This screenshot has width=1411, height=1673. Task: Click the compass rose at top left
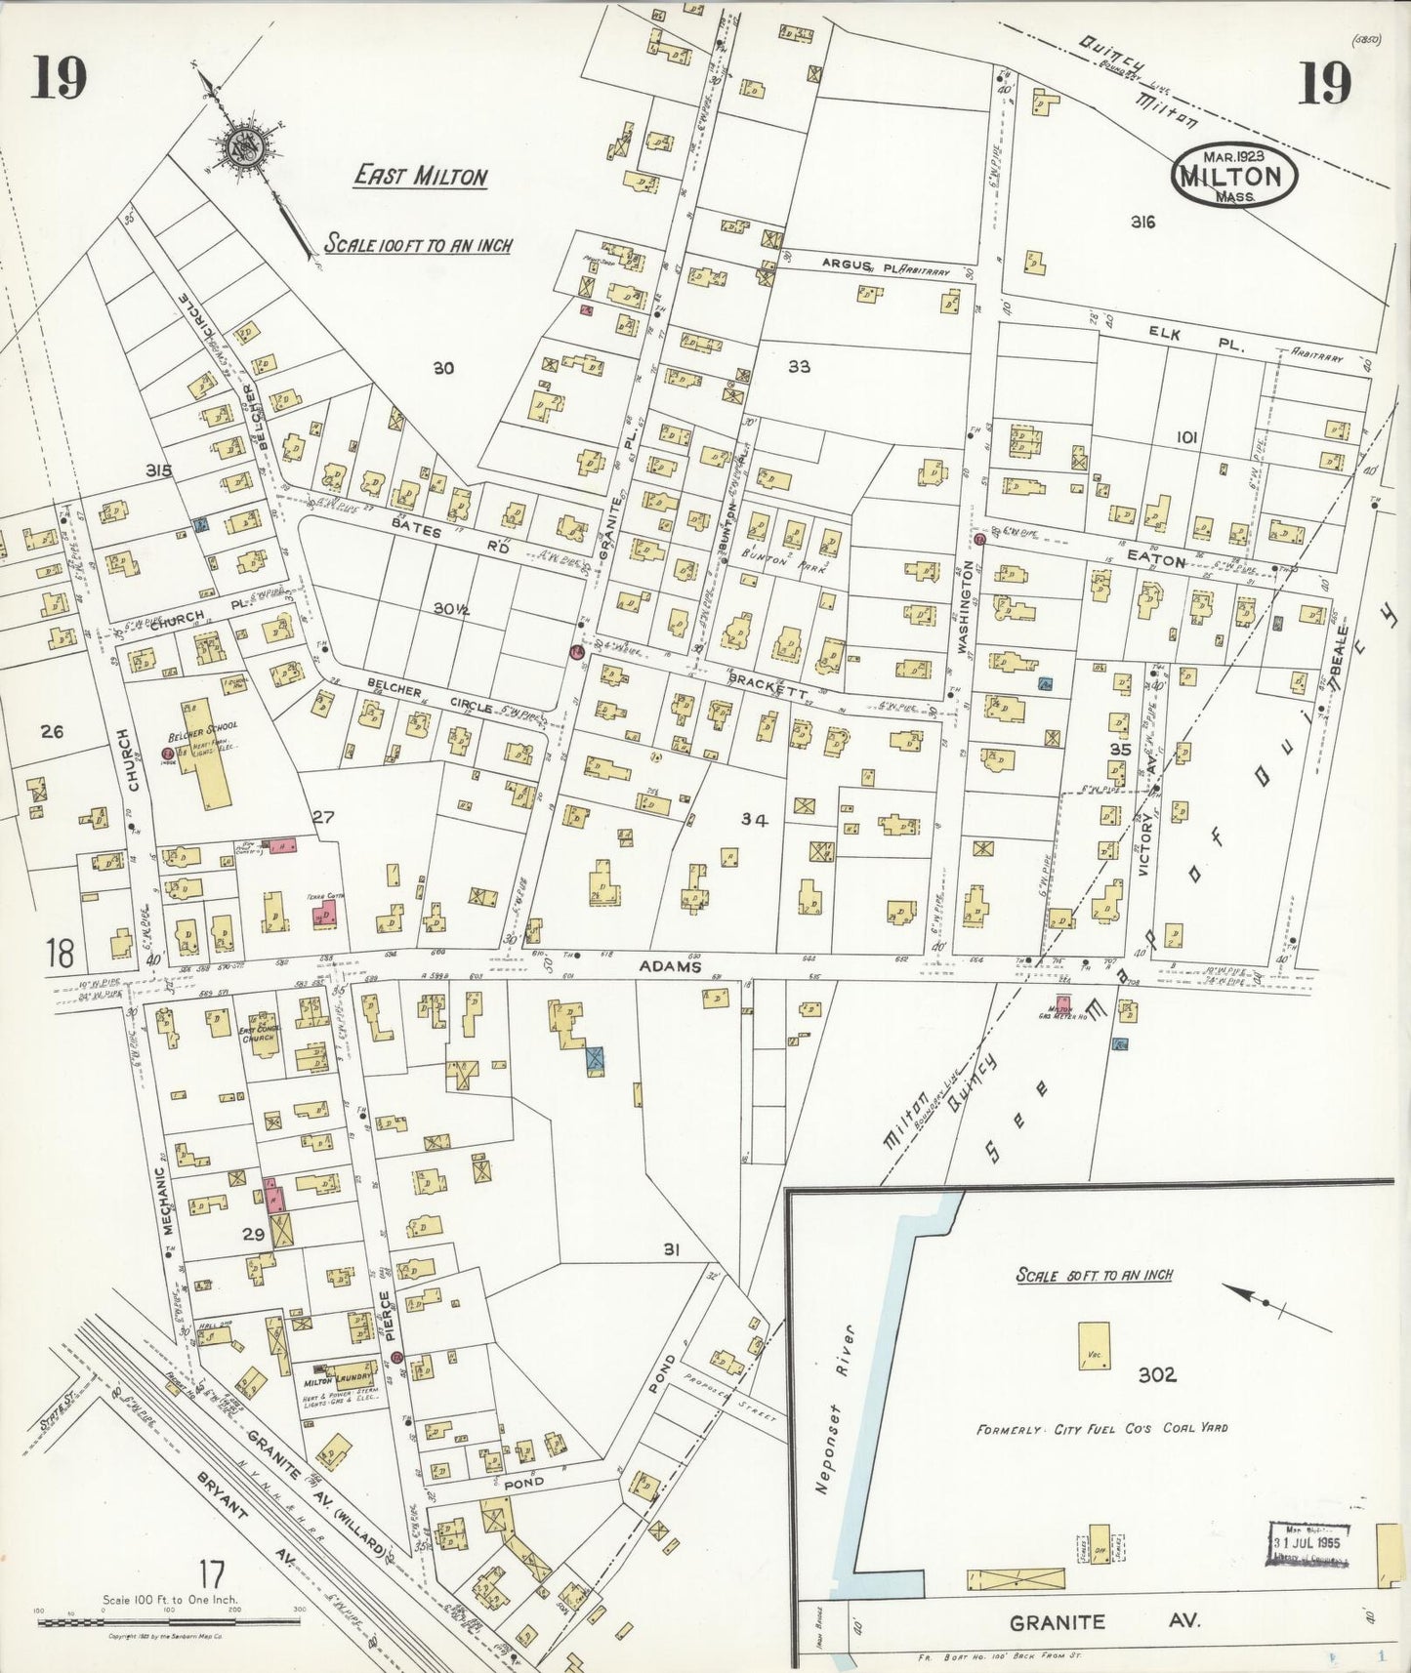coord(239,148)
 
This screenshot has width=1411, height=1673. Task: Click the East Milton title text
coord(420,177)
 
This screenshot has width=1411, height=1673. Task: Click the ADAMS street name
coord(671,966)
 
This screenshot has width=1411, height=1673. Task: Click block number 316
coord(1142,223)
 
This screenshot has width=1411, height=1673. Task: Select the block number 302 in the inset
coord(1156,1375)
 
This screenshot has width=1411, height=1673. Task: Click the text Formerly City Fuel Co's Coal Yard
coord(1101,1428)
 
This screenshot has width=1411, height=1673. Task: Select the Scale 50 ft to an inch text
coord(1094,1275)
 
